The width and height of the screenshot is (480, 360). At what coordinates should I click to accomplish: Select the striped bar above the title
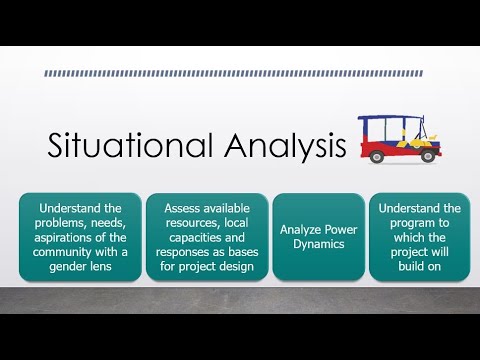click(x=239, y=73)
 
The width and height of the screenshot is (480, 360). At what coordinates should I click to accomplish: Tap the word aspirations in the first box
click(x=59, y=237)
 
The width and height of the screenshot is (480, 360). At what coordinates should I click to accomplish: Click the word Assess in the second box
click(x=166, y=208)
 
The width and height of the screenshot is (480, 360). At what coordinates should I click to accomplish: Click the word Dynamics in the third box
click(x=318, y=245)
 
